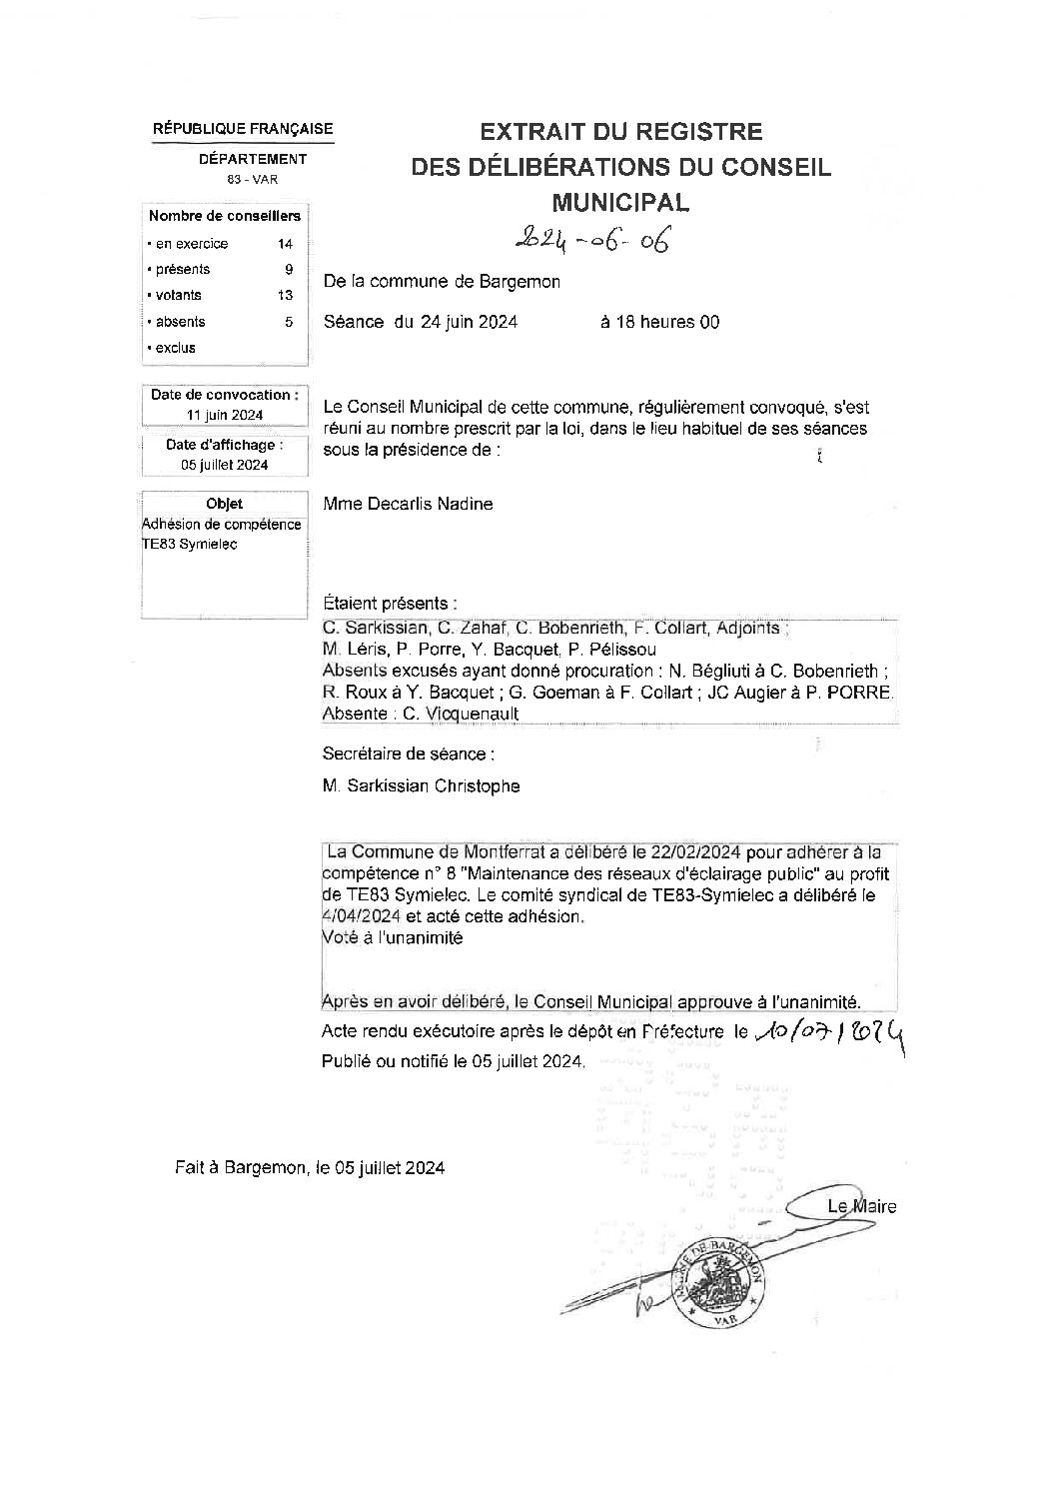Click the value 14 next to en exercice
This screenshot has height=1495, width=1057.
(286, 244)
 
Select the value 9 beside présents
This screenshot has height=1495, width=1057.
(289, 269)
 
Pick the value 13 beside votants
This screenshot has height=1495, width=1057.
(286, 295)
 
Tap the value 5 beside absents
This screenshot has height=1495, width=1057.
(289, 322)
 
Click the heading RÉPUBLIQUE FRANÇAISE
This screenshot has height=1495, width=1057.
(243, 129)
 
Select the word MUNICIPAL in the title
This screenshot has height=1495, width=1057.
(620, 203)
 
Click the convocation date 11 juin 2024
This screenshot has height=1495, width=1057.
(225, 415)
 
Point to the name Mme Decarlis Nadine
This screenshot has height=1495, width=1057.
(408, 504)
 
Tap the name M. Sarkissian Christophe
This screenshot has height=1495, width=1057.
(421, 785)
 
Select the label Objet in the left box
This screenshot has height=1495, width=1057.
(224, 504)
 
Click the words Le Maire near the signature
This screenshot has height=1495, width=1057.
(861, 1206)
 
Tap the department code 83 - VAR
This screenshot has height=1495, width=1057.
(252, 179)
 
